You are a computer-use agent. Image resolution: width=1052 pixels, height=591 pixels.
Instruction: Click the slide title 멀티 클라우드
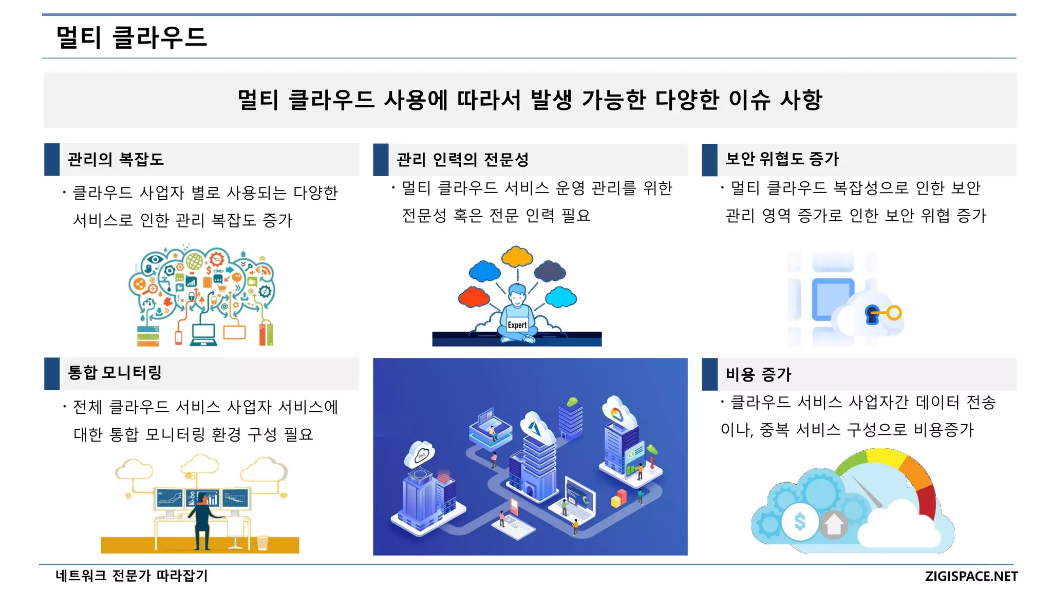pos(131,37)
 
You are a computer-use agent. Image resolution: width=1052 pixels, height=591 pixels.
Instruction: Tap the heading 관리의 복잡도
pos(116,159)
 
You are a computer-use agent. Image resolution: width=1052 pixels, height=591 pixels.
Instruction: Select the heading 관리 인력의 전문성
pos(462,160)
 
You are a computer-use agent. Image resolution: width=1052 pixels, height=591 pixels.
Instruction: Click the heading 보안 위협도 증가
pos(782,159)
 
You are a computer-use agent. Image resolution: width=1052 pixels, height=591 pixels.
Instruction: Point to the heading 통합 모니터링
pos(115,372)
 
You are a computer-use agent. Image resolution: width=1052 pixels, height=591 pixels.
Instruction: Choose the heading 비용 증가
pos(758,374)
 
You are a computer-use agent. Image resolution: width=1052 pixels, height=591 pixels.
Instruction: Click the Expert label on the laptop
pos(517,325)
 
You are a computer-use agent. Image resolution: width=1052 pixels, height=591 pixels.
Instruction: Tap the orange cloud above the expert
pos(517,256)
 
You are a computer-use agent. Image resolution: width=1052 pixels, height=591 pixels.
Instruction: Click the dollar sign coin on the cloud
pos(800,522)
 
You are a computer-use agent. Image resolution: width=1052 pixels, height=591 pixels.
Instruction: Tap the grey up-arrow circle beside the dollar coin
pos(834,524)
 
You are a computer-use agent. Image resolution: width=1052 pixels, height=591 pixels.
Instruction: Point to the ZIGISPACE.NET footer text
pos(971,576)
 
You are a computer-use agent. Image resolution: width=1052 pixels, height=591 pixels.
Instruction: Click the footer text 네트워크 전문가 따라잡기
pos(131,576)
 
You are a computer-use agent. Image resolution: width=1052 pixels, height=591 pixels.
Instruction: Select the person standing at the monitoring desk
pos(204,519)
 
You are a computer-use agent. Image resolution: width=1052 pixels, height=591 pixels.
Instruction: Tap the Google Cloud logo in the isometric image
pos(616,413)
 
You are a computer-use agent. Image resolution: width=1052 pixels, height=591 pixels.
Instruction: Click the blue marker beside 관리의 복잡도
pos(52,159)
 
